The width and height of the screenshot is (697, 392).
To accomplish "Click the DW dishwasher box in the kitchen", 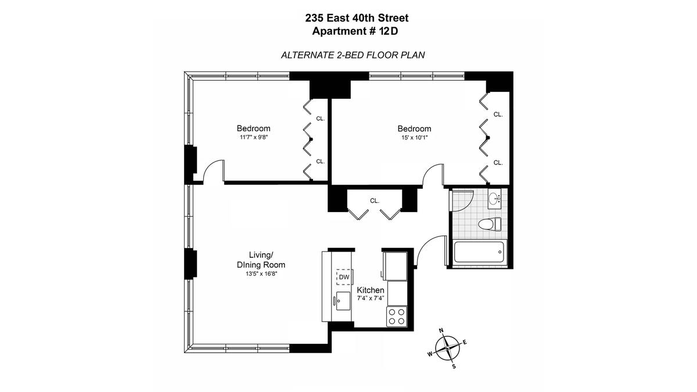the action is point(344,277).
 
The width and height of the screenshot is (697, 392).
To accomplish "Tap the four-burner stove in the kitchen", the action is point(397,317).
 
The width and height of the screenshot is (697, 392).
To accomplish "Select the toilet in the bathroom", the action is point(490,224).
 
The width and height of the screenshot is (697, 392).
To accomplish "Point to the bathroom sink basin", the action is point(494,198).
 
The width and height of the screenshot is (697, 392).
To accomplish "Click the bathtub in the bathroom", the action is point(479,252).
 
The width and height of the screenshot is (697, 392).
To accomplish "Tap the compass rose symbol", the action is point(447,348).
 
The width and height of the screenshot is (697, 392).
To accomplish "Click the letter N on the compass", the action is point(441,330).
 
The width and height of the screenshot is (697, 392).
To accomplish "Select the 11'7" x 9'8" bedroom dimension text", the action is point(254,137).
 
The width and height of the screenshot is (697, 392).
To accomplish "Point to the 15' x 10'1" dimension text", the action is point(415,138).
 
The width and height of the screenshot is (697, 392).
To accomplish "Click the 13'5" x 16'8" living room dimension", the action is point(261,274).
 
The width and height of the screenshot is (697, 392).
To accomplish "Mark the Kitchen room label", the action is point(371,290).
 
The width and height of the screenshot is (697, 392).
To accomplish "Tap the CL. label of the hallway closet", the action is point(375,201).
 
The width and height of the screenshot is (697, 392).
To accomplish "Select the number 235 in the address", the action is point(314,18).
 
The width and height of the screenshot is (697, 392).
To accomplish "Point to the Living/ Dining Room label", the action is point(261,260).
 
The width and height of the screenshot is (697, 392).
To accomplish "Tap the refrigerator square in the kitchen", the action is point(395,266).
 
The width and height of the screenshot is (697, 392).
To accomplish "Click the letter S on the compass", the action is point(454,366).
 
